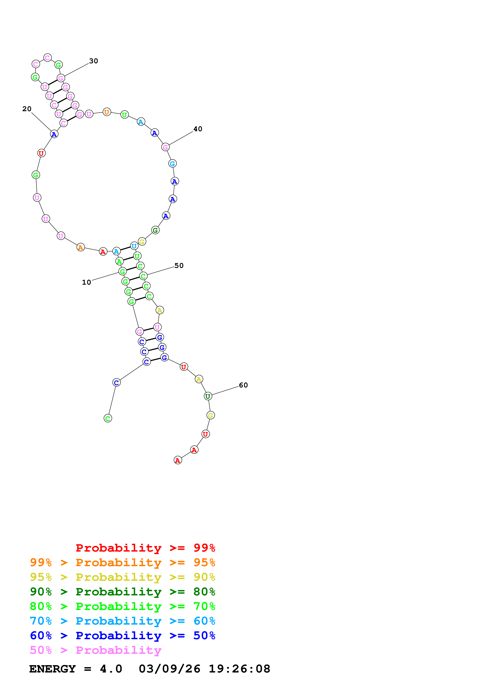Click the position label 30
coord(94,61)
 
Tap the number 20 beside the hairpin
coord(27,109)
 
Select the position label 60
coord(243,385)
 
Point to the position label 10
coord(86,282)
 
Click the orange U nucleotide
coord(107,112)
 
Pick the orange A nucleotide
coord(80,247)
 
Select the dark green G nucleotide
coord(155,230)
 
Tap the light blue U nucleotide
coord(134,246)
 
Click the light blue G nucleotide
coord(172,164)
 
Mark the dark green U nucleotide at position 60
coord(208,396)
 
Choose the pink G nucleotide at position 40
coord(165,147)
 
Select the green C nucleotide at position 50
coord(143,276)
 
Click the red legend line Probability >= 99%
coord(145,548)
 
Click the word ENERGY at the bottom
coord(52,669)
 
